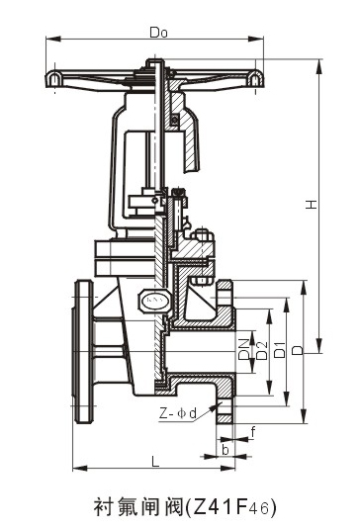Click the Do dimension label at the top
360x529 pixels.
tap(156, 32)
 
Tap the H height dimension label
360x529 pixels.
tap(310, 205)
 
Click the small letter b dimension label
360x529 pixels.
tap(226, 450)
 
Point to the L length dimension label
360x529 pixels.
tap(155, 460)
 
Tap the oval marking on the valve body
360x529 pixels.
tap(152, 298)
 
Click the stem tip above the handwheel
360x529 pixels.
tap(157, 62)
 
